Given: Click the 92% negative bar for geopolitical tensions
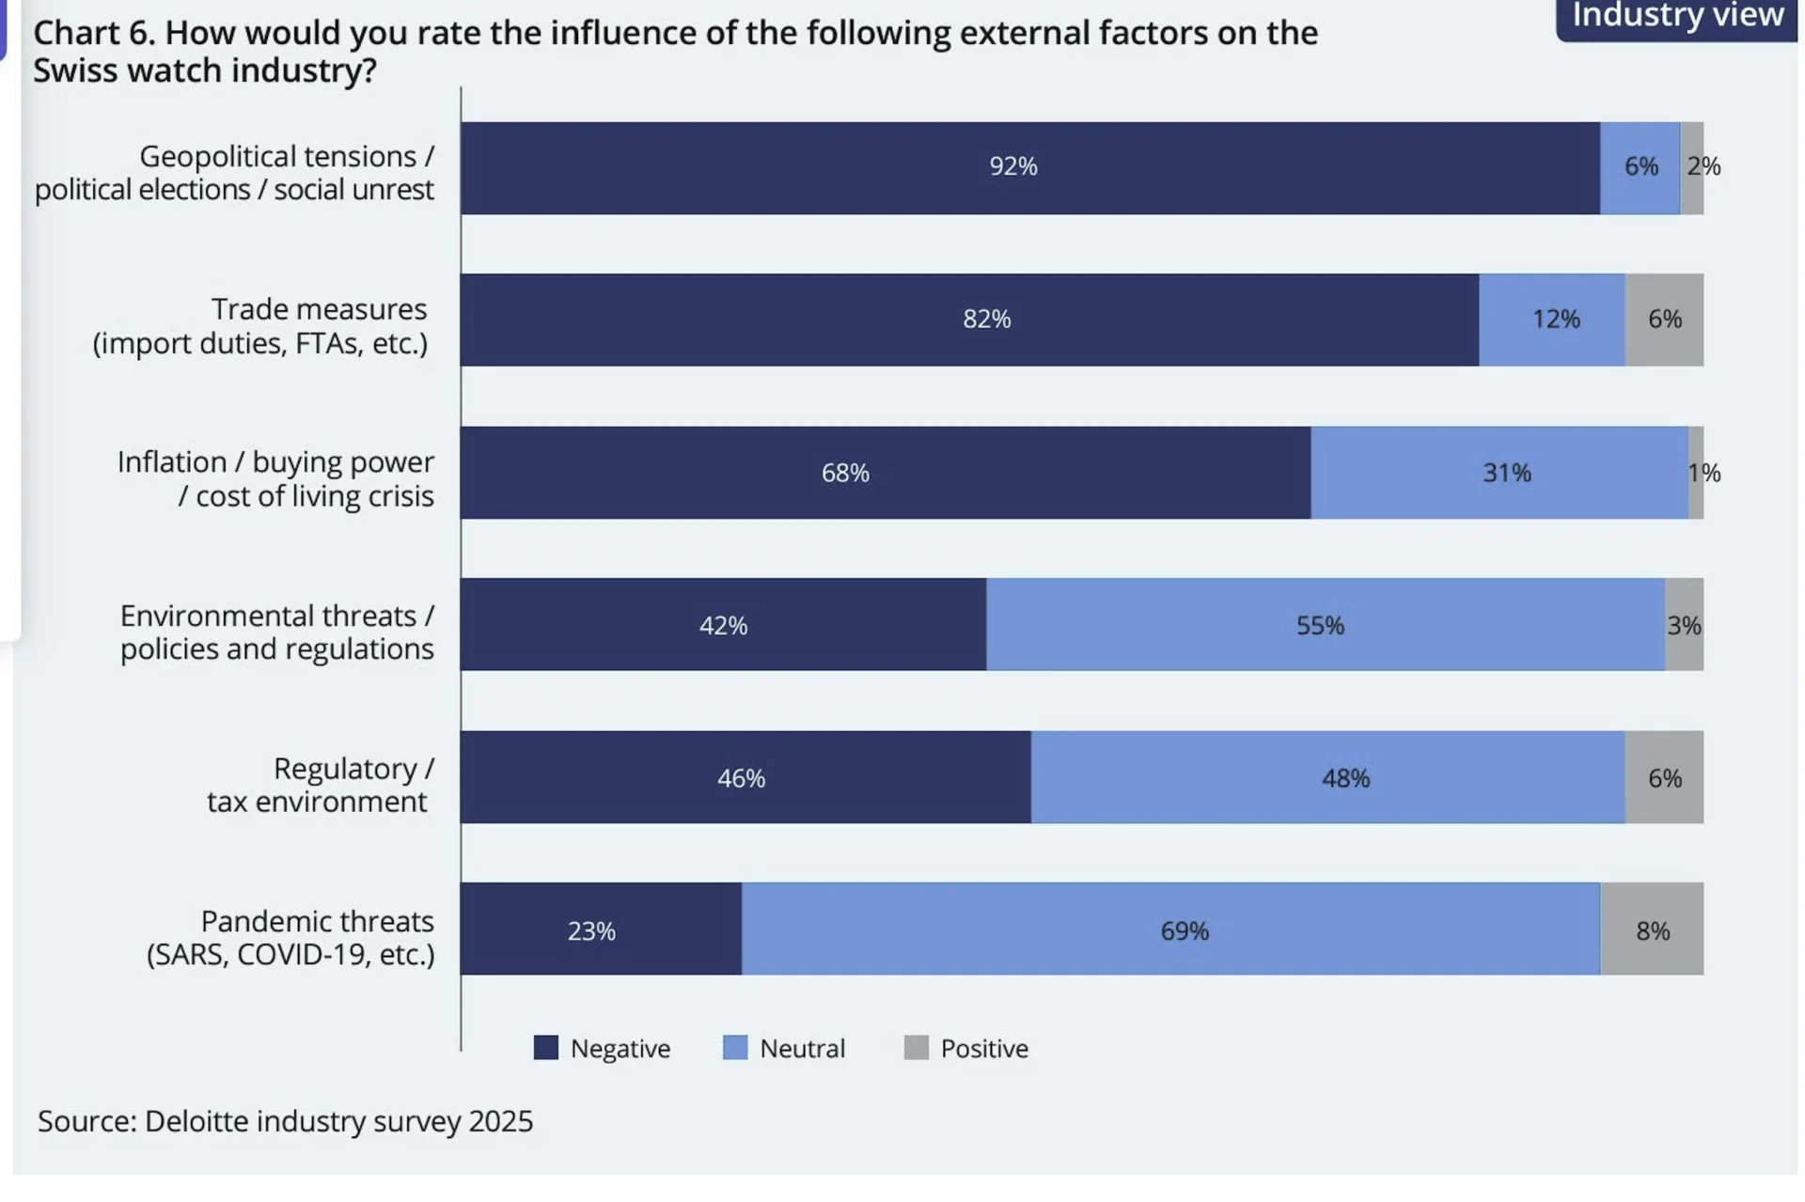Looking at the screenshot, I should point(1029,167).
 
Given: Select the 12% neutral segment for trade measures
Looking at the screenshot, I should point(1551,320).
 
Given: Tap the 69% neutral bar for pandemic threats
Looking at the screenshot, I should point(1170,929).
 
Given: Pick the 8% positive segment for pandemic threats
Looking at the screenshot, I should point(1652,929).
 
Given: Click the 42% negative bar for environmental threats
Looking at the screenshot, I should point(723,624).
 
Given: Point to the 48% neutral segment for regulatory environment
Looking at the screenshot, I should point(1327,777).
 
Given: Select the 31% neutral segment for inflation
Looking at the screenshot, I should point(1499,472).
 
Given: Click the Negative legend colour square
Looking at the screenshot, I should point(545,1048).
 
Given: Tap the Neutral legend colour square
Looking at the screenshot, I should point(735,1048).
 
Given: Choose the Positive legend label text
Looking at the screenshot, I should point(984,1049).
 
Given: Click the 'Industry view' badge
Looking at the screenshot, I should point(1677,17).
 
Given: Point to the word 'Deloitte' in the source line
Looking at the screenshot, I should point(196,1121).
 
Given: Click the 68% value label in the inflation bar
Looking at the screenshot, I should point(845,473).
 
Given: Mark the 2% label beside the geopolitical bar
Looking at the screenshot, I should point(1703,166).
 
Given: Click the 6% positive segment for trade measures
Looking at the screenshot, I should point(1664,320).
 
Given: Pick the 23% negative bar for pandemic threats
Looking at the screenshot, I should point(601,929).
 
